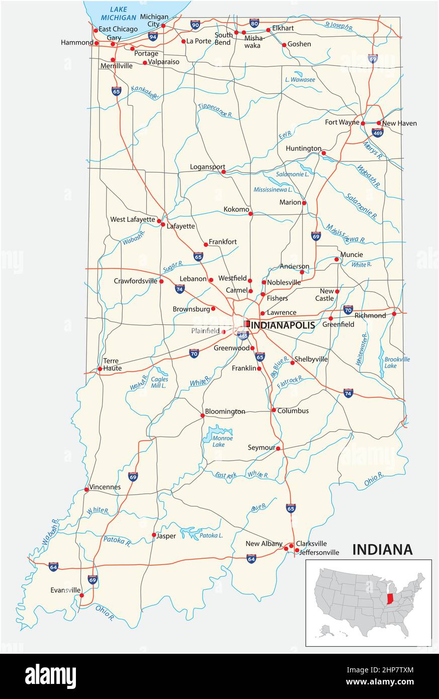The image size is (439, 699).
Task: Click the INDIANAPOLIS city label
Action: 282,325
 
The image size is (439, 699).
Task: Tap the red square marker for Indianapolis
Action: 247,323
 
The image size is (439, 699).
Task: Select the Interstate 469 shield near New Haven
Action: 378,132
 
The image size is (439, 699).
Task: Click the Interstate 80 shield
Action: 254,23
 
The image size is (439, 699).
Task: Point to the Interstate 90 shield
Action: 195,24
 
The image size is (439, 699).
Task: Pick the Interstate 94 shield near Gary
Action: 153,36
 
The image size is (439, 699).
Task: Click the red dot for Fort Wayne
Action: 363,123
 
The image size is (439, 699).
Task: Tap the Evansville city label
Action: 65,590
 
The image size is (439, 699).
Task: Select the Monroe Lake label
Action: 222,441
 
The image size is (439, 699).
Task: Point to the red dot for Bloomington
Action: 203,415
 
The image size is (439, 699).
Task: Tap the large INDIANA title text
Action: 382,550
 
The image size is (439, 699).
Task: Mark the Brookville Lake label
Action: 397,363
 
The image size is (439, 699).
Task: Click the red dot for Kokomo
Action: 250,214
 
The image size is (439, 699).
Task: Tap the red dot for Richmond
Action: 394,314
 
